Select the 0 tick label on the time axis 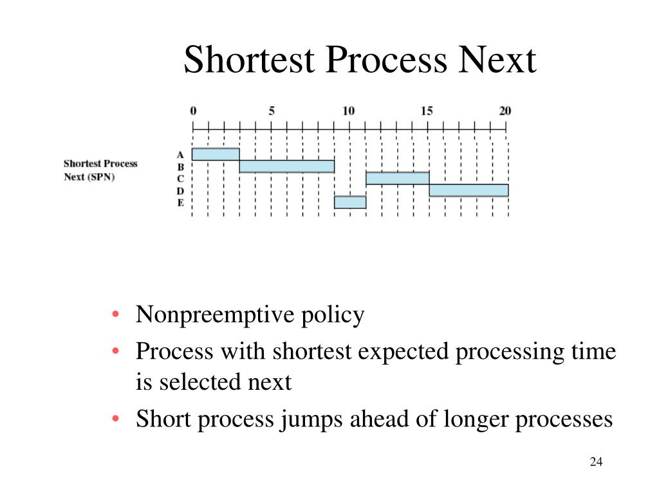pos(193,111)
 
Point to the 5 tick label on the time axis pos(272,111)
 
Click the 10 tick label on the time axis pos(348,111)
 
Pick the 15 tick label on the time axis pos(427,111)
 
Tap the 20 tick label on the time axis pos(505,111)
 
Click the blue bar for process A pos(216,154)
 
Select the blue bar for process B pos(286,167)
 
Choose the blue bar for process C pos(397,178)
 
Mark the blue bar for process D pos(469,190)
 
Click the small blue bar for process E pos(350,202)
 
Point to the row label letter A pos(180,155)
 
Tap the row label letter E pos(180,203)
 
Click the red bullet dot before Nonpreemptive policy pos(115,315)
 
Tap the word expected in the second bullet pos(404,352)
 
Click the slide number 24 pos(595,462)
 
